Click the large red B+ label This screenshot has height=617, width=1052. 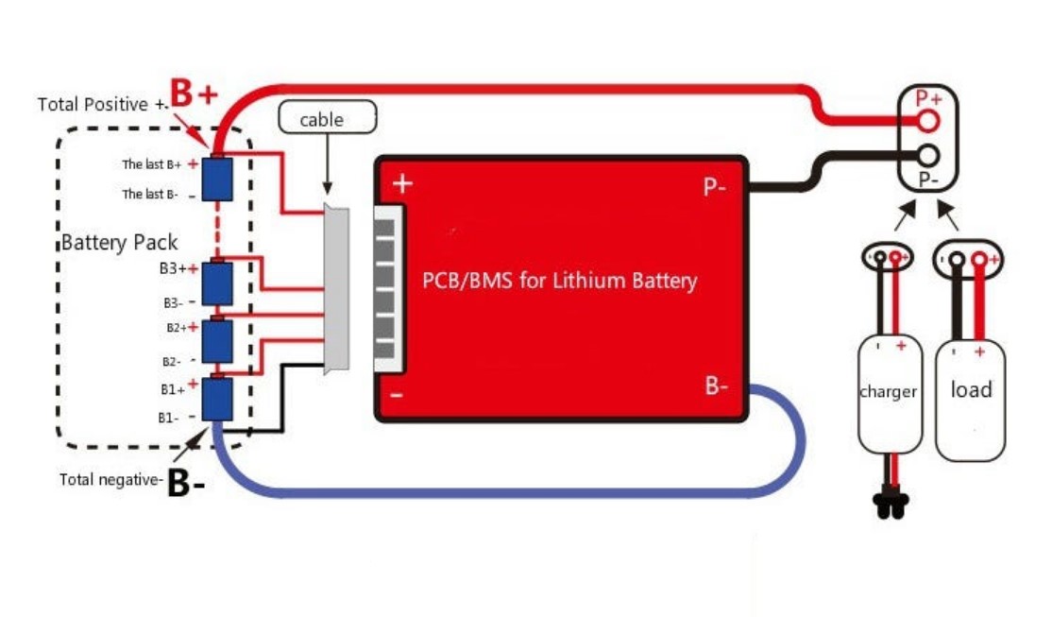click(x=195, y=94)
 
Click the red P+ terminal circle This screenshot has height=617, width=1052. click(x=928, y=120)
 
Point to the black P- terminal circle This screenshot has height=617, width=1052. click(x=928, y=155)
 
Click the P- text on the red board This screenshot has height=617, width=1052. click(x=715, y=187)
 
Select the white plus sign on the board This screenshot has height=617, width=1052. click(x=402, y=182)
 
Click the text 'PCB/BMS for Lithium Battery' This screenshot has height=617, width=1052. click(x=558, y=281)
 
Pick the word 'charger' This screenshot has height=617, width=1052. click(x=888, y=391)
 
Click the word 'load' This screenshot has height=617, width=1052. click(x=971, y=389)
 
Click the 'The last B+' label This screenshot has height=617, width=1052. click(x=152, y=164)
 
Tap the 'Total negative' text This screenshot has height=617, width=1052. click(x=110, y=480)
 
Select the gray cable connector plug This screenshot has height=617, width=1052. click(x=335, y=288)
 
